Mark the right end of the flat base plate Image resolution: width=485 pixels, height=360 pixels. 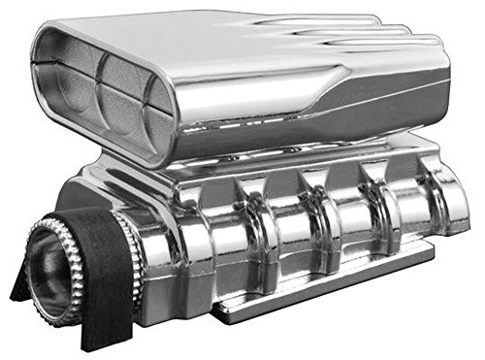pos(427,254)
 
